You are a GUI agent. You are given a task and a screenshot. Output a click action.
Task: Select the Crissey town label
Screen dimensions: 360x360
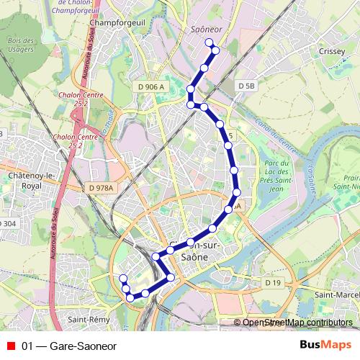pos(332,52)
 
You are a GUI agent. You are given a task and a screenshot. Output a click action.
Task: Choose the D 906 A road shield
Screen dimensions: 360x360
pos(151,86)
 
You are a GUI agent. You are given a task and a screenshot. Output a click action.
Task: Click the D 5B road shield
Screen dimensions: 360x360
pos(246,86)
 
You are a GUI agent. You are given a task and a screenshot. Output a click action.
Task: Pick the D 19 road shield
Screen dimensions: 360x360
pos(273,283)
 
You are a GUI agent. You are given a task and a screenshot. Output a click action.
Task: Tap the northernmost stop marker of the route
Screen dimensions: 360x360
pos(210,42)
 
